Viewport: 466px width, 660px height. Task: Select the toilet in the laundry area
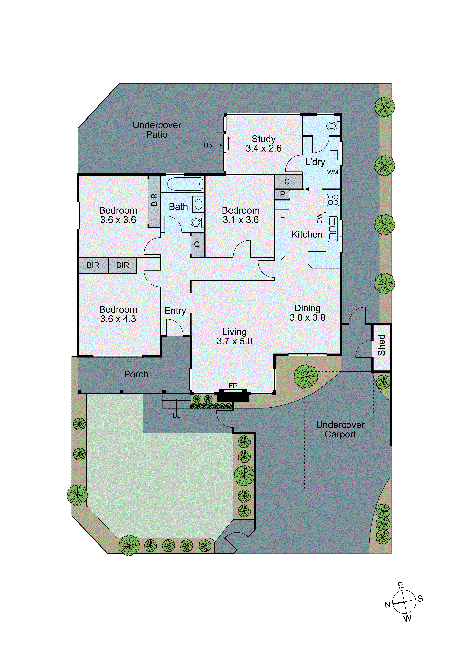click(333, 126)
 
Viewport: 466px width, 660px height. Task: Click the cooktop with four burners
click(333, 200)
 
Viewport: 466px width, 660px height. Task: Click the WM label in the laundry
click(333, 172)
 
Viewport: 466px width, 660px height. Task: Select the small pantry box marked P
click(282, 194)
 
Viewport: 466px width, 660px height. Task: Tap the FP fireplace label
click(233, 386)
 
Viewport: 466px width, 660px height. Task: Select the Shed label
click(381, 345)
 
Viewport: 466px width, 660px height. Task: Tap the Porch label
click(136, 374)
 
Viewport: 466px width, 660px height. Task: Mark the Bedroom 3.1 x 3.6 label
click(241, 215)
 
